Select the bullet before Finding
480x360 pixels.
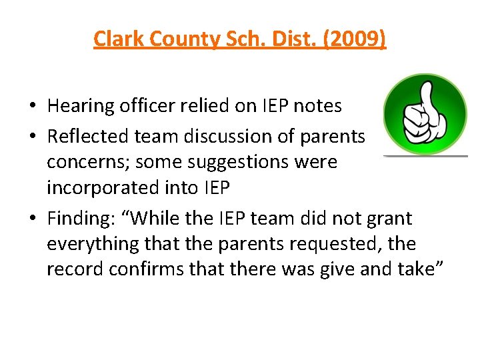click(x=32, y=219)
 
